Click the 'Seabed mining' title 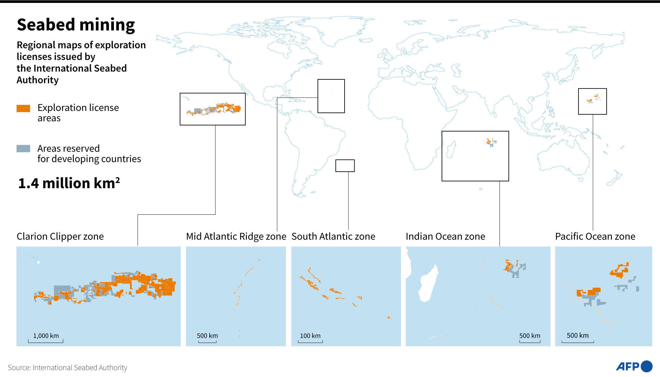[x=76, y=25]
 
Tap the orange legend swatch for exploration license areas [x=23, y=109]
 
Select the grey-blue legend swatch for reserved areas [x=23, y=149]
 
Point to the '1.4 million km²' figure [x=69, y=183]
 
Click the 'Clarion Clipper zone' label [x=60, y=236]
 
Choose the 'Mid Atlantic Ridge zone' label [x=236, y=236]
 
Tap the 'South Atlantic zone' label [x=333, y=236]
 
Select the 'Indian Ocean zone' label [x=445, y=236]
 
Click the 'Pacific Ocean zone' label [x=595, y=236]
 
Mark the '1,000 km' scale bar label [x=46, y=336]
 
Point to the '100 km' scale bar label [x=310, y=336]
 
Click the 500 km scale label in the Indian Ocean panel [x=530, y=336]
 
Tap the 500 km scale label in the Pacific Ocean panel [x=577, y=336]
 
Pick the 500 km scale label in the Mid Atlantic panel [x=207, y=336]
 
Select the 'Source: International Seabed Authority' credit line [x=67, y=368]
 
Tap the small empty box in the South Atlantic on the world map [x=345, y=166]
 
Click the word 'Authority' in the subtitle [x=38, y=80]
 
